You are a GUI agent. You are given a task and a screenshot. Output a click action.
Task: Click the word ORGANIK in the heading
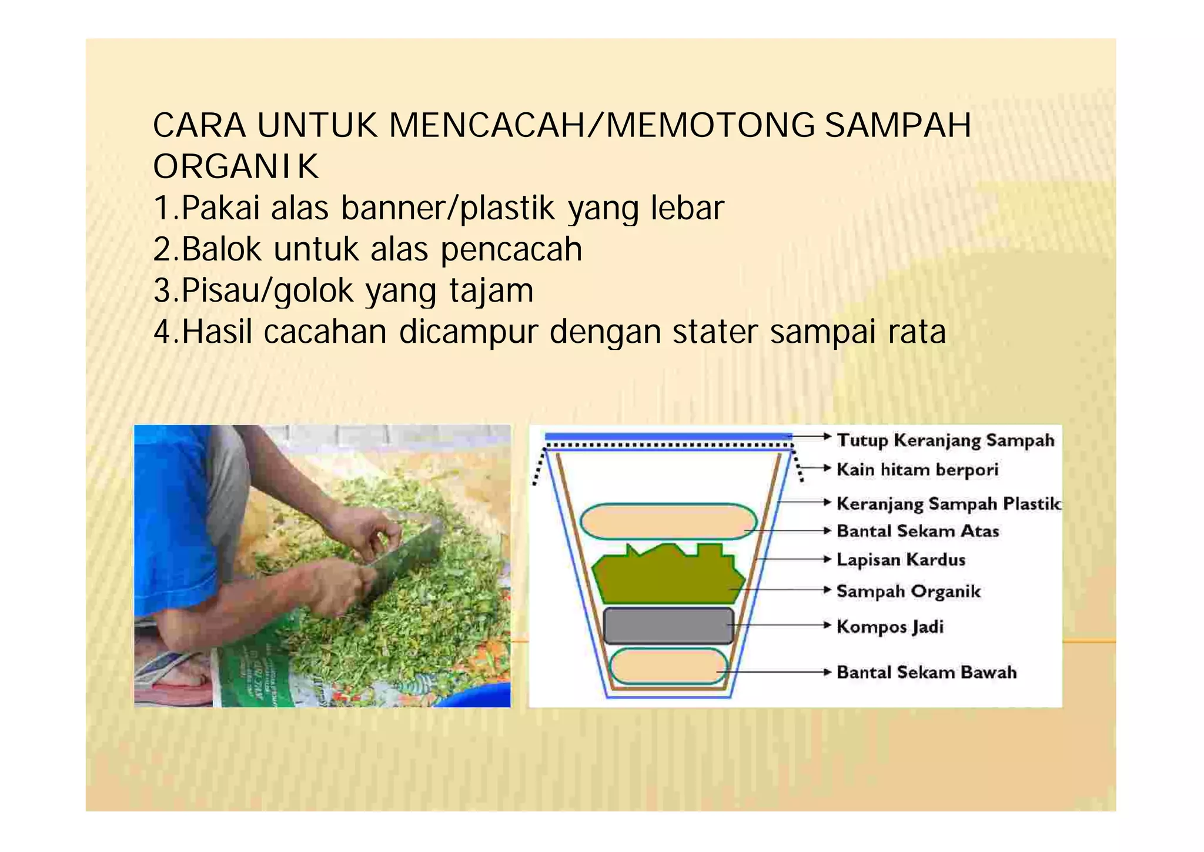pyautogui.click(x=236, y=167)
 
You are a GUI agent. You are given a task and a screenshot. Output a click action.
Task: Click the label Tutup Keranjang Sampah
pyautogui.click(x=945, y=440)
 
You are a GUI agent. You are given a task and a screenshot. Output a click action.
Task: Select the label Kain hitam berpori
pyautogui.click(x=917, y=469)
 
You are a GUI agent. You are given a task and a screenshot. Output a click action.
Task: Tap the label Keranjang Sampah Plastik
pyautogui.click(x=948, y=503)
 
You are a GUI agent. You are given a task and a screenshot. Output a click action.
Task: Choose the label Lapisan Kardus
pyautogui.click(x=901, y=559)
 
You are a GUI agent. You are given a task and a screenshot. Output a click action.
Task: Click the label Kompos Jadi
pyautogui.click(x=889, y=626)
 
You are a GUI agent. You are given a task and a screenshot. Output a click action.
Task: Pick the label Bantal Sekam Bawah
pyautogui.click(x=926, y=672)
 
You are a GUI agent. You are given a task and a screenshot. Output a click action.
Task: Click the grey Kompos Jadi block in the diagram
pyautogui.click(x=668, y=626)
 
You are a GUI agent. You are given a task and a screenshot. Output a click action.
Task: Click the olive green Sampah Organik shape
pyautogui.click(x=664, y=579)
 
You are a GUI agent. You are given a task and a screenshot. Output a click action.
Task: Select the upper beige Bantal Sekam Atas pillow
pyautogui.click(x=668, y=522)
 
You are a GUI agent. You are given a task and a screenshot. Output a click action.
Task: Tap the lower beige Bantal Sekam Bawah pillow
pyautogui.click(x=668, y=666)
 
